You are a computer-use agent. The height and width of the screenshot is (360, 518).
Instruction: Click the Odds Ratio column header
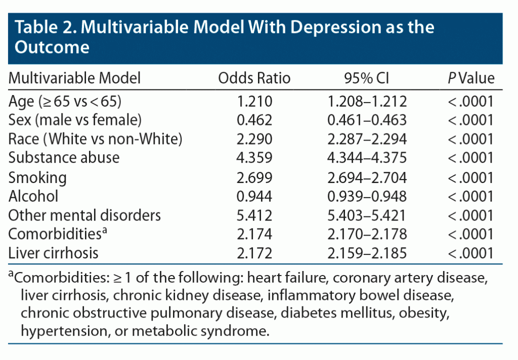tap(254, 78)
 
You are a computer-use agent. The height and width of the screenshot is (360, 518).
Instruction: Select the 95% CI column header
tap(367, 78)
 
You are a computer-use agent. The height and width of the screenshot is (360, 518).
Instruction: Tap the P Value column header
tap(470, 78)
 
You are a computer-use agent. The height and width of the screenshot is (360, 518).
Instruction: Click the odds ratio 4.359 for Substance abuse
tap(254, 157)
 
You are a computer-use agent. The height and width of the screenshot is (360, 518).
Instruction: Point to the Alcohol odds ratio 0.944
tap(254, 196)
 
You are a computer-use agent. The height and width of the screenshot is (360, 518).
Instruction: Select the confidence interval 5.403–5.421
tap(367, 215)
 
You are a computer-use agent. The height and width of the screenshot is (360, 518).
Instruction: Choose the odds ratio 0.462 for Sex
tap(254, 120)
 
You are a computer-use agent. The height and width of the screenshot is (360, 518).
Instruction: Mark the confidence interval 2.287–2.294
tap(367, 139)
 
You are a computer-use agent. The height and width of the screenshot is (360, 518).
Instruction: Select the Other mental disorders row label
tap(84, 215)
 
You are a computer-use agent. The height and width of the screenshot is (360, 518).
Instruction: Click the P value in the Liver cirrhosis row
tap(470, 253)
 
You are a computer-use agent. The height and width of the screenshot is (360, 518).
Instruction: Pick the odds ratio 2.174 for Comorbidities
tap(254, 234)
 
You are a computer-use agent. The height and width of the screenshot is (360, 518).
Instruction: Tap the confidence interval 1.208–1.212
tap(367, 102)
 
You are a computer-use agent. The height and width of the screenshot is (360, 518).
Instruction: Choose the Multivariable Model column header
tap(75, 78)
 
